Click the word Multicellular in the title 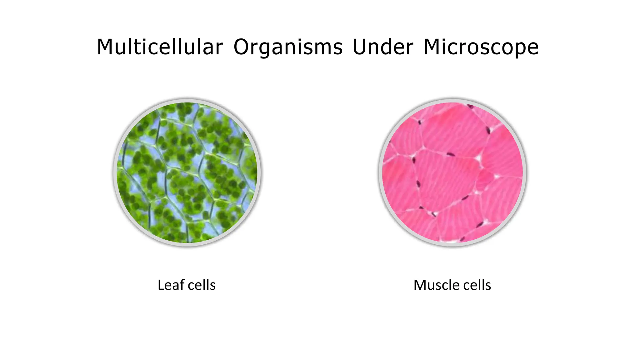click(x=160, y=47)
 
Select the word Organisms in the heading click(x=288, y=47)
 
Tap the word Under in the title click(x=383, y=47)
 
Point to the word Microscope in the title click(x=481, y=47)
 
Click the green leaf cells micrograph click(x=187, y=172)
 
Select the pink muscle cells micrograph click(x=452, y=172)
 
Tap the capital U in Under click(x=359, y=47)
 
